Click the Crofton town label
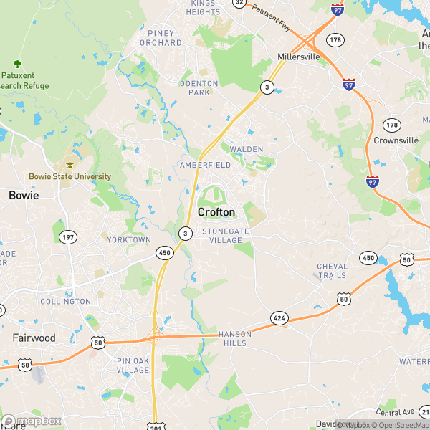216,212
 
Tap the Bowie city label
23,195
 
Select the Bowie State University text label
70,176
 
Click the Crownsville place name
396,140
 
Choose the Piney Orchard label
165,37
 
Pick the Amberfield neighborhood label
206,165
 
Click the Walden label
247,149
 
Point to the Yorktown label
129,239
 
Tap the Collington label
65,302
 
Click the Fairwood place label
34,338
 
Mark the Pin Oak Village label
133,365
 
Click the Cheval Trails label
332,271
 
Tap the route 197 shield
68,237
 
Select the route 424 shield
279,317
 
